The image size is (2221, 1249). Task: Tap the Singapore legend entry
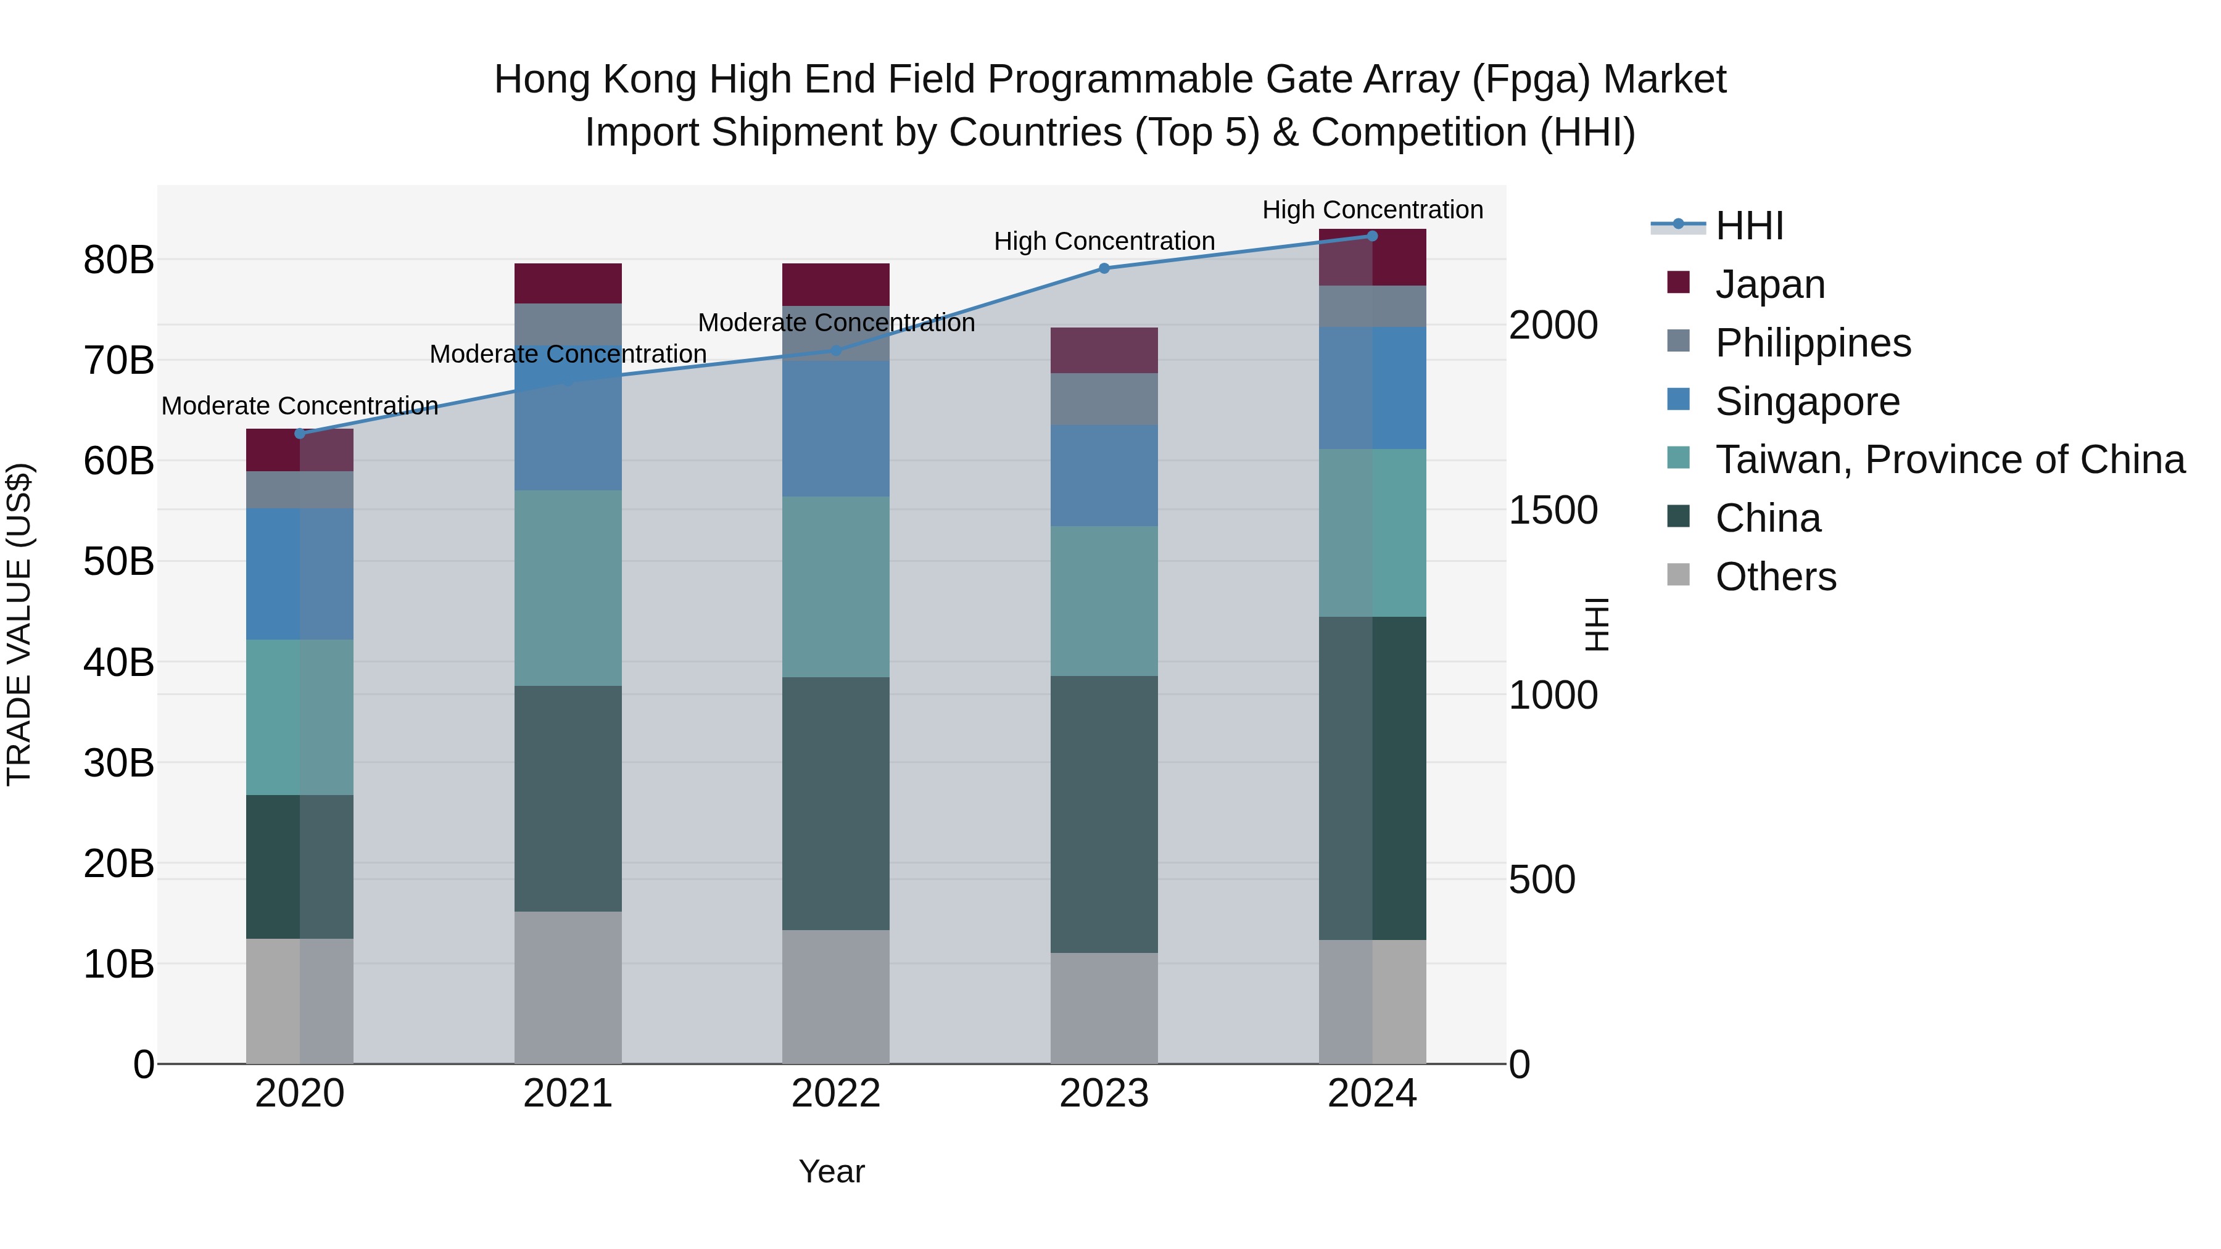pyautogui.click(x=1807, y=402)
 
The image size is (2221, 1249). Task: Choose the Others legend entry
pyautogui.click(x=1775, y=577)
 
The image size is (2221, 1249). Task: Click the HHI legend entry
pyautogui.click(x=1748, y=226)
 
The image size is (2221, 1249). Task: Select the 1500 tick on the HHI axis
pyautogui.click(x=1553, y=510)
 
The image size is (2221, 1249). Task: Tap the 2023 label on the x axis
pyautogui.click(x=1104, y=1094)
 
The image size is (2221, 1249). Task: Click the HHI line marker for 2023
pyautogui.click(x=1104, y=268)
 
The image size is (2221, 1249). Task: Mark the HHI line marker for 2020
pyautogui.click(x=300, y=434)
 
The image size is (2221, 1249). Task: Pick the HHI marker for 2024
pyautogui.click(x=1371, y=236)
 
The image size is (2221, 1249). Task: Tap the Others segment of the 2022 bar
pyautogui.click(x=835, y=997)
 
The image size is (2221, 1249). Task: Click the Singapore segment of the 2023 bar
pyautogui.click(x=1104, y=475)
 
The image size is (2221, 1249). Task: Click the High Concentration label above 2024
pyautogui.click(x=1371, y=210)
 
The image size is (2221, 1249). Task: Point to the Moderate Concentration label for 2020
pyautogui.click(x=300, y=405)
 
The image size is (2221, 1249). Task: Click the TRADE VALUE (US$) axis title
pyautogui.click(x=19, y=624)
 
